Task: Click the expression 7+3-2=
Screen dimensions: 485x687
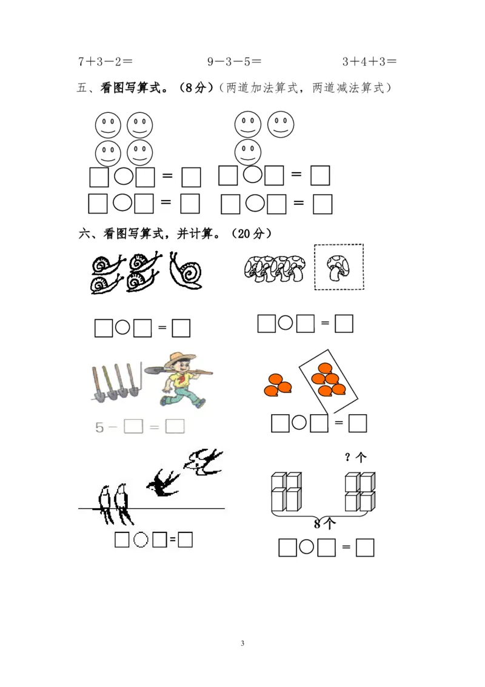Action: coord(105,61)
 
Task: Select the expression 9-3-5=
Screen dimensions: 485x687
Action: coord(235,61)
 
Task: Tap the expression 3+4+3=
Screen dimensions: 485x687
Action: coord(369,61)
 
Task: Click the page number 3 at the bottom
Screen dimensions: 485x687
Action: coord(242,643)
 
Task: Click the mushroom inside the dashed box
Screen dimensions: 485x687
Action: coord(338,267)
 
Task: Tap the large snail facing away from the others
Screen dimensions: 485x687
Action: coord(186,271)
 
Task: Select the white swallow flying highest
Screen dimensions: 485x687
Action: coord(203,462)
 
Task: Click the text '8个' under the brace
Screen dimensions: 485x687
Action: coord(325,523)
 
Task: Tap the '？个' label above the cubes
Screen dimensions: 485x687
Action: coord(355,457)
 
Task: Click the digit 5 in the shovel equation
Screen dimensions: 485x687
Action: coord(99,427)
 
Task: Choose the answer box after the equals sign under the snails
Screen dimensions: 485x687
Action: coord(181,328)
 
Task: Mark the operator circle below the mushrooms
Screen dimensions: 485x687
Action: coord(285,323)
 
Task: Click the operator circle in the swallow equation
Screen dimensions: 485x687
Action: coord(141,540)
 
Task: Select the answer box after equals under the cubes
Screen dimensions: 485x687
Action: coord(365,548)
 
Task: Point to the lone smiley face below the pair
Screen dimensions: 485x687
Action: coord(248,152)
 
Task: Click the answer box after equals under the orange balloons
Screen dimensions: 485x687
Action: coord(358,424)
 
